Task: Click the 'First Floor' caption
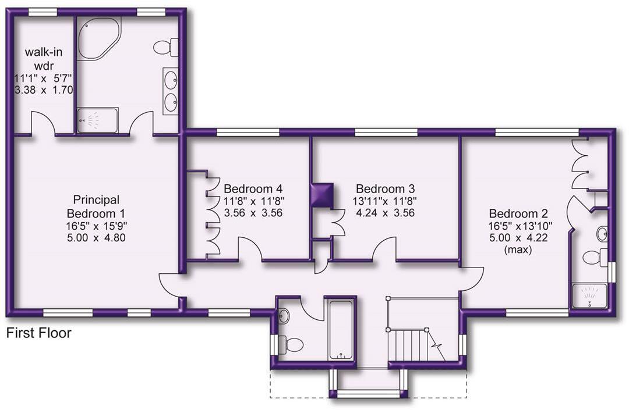pos(39,333)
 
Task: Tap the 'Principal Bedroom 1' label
pos(96,206)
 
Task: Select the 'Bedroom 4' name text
pos(253,188)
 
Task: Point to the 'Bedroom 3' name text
pos(385,188)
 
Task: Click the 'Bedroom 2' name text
pos(518,213)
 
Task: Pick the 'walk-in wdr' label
pos(44,59)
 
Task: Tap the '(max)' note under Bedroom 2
pos(518,250)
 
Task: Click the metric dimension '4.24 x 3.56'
pos(385,213)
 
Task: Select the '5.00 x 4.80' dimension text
pos(96,237)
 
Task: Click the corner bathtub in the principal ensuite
pos(98,38)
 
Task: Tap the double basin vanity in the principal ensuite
pos(171,91)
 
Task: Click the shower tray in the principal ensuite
pos(97,120)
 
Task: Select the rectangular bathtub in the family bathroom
pos(341,330)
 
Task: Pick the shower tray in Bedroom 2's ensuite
pos(589,296)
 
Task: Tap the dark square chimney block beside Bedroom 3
pos(323,195)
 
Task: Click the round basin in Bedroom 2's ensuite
pos(602,234)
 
